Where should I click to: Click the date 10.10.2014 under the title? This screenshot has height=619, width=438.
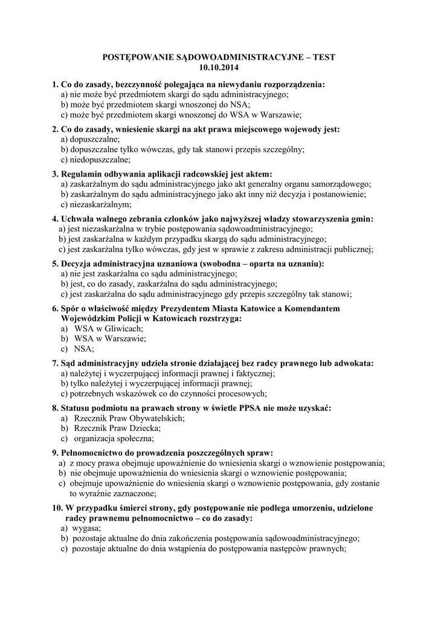pyautogui.click(x=219, y=67)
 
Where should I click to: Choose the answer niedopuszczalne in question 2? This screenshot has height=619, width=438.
pyautogui.click(x=99, y=160)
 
